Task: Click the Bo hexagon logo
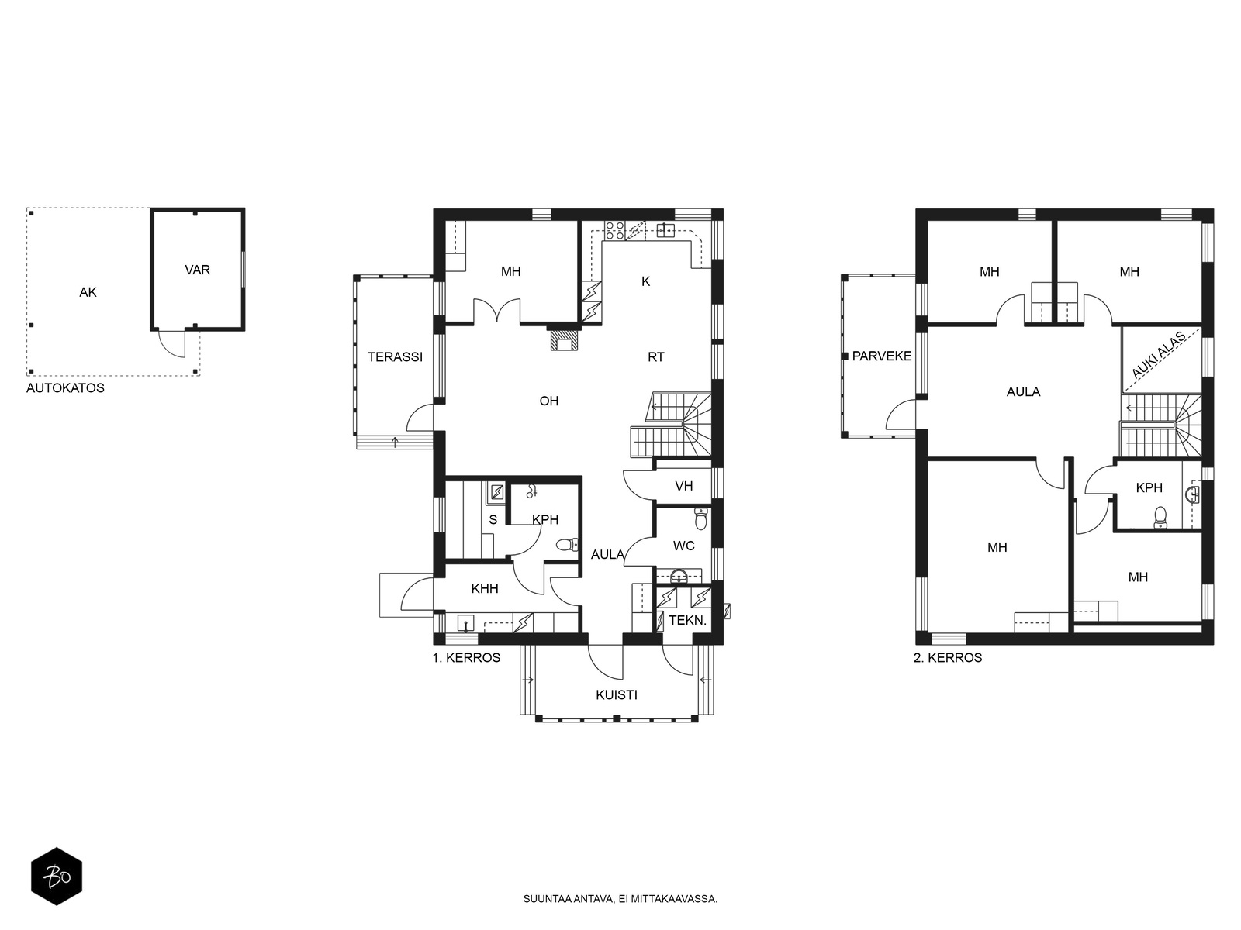(x=57, y=877)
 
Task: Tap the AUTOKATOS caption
(x=66, y=388)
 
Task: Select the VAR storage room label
(x=197, y=270)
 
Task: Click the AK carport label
(x=88, y=292)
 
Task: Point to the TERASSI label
(x=396, y=356)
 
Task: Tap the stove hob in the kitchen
(x=615, y=230)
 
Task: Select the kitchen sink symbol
(x=665, y=230)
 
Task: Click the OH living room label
(x=549, y=401)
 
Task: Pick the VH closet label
(x=683, y=486)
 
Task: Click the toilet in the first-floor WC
(x=700, y=519)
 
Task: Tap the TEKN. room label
(x=688, y=620)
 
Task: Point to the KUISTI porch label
(x=617, y=694)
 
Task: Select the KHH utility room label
(x=485, y=588)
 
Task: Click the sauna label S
(x=493, y=519)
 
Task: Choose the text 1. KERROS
(x=466, y=657)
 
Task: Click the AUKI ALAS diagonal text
(x=1159, y=356)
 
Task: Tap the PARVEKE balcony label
(x=882, y=356)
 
